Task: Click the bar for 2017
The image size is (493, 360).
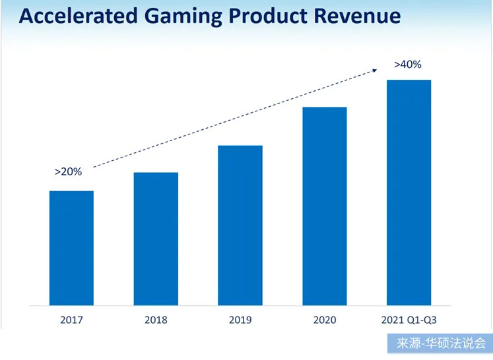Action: point(71,249)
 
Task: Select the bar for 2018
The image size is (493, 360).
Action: point(156,239)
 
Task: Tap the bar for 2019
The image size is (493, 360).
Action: point(240,225)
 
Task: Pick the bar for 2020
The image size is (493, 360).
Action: point(325,206)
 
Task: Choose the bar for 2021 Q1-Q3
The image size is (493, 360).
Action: point(409,193)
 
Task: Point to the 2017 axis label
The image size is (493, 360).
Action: point(71,320)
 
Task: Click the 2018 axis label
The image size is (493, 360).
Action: point(156,320)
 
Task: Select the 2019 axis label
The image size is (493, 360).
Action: point(240,320)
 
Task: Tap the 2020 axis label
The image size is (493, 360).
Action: point(325,320)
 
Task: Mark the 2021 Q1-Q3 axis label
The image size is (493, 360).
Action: point(409,320)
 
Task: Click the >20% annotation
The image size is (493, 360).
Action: point(68,171)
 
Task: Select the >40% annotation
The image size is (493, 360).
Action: point(407,65)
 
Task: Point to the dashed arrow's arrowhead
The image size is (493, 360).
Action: point(379,68)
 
